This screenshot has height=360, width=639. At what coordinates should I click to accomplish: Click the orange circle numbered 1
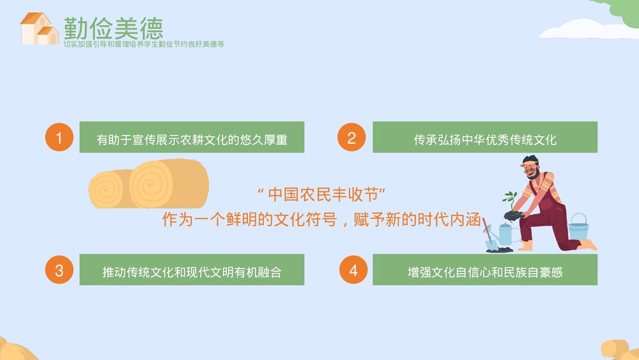[x=59, y=137]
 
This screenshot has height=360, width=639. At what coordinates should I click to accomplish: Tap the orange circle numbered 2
[x=351, y=137]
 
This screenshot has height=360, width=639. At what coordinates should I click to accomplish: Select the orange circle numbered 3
[x=59, y=270]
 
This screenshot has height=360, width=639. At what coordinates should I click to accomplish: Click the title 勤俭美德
[x=113, y=27]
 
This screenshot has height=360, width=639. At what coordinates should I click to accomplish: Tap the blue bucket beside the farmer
[x=578, y=227]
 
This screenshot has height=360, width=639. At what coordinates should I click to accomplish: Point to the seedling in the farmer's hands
[x=511, y=200]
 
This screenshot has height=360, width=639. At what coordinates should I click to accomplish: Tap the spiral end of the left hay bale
[x=105, y=190]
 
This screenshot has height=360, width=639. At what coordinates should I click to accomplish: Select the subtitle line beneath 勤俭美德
[x=144, y=45]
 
